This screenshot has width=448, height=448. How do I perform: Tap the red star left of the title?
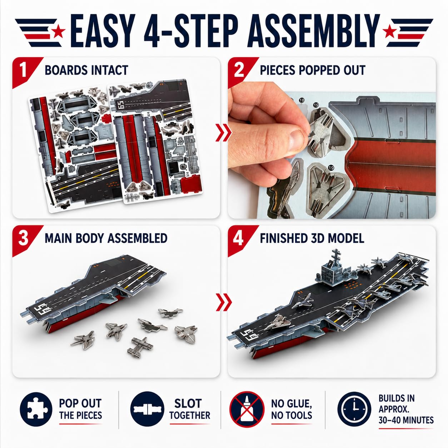point(58,31)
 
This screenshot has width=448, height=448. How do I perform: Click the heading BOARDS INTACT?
point(86,70)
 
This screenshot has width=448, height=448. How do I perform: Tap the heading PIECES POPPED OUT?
point(313,70)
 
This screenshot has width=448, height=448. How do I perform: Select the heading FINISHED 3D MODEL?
point(312,238)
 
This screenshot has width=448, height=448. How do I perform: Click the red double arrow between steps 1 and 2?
point(224,133)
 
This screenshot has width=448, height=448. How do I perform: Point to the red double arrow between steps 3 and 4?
point(224,302)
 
